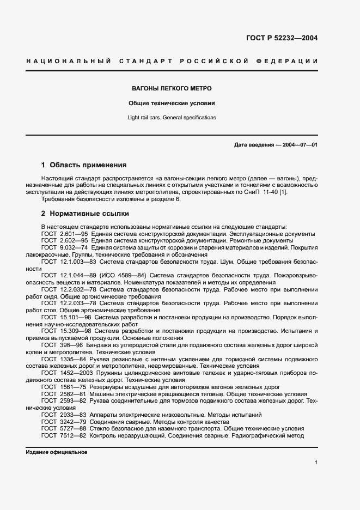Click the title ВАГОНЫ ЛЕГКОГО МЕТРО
172,88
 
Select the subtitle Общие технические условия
172,103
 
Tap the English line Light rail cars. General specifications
172,117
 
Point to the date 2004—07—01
296,144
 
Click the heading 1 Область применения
84,165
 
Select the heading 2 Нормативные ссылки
85,213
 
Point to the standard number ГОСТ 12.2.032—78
66,290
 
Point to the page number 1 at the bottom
316,462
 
